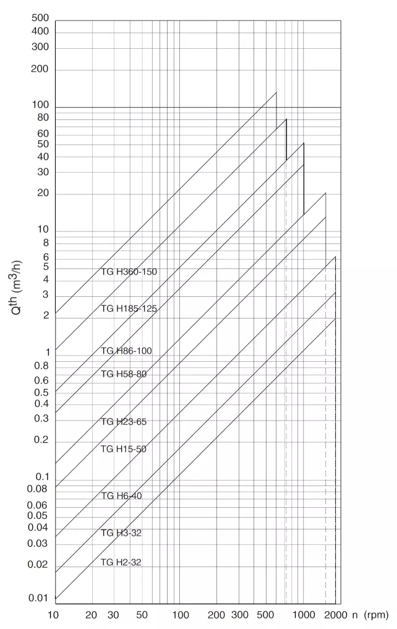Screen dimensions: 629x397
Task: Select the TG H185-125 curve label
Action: click(x=129, y=309)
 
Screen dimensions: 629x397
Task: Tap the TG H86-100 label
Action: click(x=126, y=351)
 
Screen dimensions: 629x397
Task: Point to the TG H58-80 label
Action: click(x=124, y=374)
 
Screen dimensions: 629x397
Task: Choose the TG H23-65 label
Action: click(x=124, y=422)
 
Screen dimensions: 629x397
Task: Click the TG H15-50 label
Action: click(x=124, y=449)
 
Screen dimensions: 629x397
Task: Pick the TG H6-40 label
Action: click(x=122, y=496)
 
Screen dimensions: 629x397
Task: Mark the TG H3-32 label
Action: click(x=122, y=533)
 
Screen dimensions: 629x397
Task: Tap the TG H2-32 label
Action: click(x=122, y=562)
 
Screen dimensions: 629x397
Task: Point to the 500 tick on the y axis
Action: click(x=40, y=17)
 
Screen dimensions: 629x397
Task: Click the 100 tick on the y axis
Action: click(x=40, y=106)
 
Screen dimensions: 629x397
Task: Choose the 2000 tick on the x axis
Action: click(x=335, y=615)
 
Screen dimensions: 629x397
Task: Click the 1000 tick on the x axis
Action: click(x=304, y=615)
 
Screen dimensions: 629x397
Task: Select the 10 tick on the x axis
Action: click(x=54, y=615)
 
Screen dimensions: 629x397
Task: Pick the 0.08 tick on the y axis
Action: click(x=38, y=489)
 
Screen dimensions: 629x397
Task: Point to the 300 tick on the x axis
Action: click(x=239, y=615)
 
